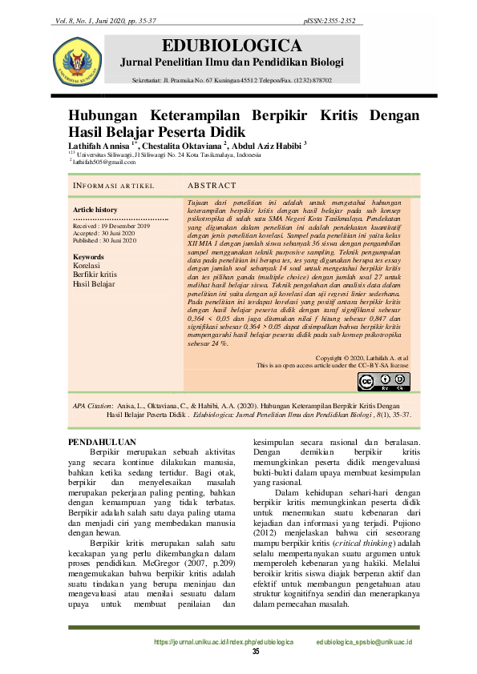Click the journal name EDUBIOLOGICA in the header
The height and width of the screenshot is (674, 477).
coord(232,45)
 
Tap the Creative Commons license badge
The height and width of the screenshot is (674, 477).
coord(384,381)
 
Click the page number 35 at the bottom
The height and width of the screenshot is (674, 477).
coord(257,652)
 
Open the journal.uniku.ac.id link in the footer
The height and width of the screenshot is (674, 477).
coord(224,642)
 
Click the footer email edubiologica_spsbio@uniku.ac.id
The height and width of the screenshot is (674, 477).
coord(364,642)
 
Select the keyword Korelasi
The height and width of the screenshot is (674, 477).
coord(87,265)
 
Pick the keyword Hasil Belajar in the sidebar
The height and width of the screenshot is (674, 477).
coord(94,283)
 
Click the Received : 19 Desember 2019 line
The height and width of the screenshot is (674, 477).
coord(105,227)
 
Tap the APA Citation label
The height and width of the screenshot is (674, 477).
coord(92,407)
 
